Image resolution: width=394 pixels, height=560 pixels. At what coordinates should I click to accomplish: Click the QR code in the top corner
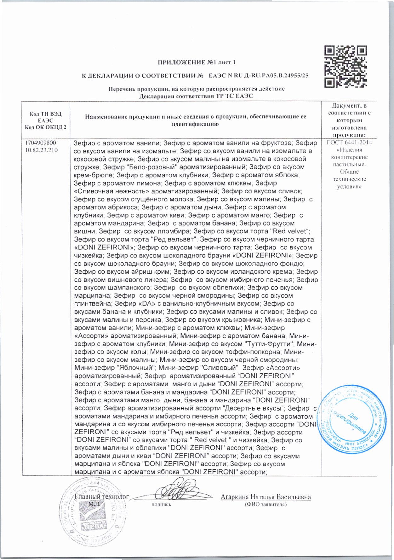pyautogui.click(x=346, y=67)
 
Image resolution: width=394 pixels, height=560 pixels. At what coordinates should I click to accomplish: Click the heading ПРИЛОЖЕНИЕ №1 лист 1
pyautogui.click(x=197, y=62)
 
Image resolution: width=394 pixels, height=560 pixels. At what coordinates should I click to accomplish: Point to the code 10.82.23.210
pyautogui.click(x=41, y=150)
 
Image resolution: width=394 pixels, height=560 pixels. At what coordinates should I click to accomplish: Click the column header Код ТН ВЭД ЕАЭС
pyautogui.click(x=46, y=117)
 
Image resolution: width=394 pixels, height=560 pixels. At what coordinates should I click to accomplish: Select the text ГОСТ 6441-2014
pyautogui.click(x=349, y=143)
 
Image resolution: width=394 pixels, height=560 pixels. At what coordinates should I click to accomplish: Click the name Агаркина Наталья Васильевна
pyautogui.click(x=266, y=497)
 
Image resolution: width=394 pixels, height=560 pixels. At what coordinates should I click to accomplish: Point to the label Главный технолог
pyautogui.click(x=101, y=497)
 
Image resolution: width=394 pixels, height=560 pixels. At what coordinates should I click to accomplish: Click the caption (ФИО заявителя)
pyautogui.click(x=266, y=505)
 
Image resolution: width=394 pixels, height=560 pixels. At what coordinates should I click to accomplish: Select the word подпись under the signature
pyautogui.click(x=161, y=505)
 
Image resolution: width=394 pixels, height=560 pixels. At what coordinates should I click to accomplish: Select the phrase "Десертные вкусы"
pyautogui.click(x=254, y=408)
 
